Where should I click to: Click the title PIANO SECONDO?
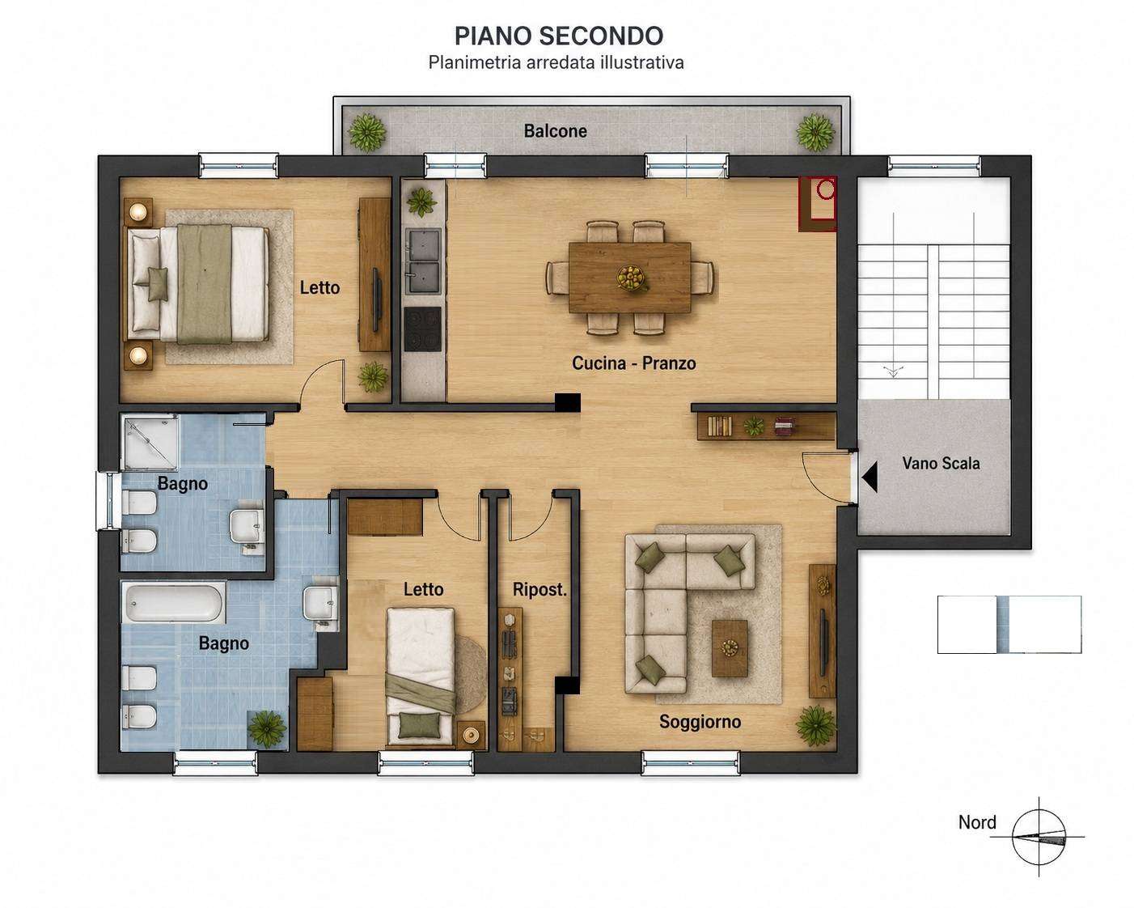tap(559, 36)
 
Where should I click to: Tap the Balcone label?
tap(555, 131)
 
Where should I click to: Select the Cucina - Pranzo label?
tap(634, 363)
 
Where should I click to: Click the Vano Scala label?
tap(941, 463)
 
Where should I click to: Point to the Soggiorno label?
tap(700, 721)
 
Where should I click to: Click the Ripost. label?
tap(539, 589)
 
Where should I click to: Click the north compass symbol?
tap(1039, 837)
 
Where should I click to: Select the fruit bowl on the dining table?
tap(631, 278)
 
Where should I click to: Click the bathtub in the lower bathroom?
tap(173, 602)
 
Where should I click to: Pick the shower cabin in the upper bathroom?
tap(150, 442)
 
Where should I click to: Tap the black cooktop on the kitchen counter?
tap(422, 329)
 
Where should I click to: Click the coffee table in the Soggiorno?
tap(730, 648)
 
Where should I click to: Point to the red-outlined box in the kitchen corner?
tap(817, 204)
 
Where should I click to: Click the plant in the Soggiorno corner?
tap(816, 726)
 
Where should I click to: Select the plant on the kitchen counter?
tap(421, 202)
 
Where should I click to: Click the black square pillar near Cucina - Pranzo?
tap(568, 402)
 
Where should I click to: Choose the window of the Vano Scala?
tap(933, 166)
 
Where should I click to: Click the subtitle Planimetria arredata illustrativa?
tap(556, 62)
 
